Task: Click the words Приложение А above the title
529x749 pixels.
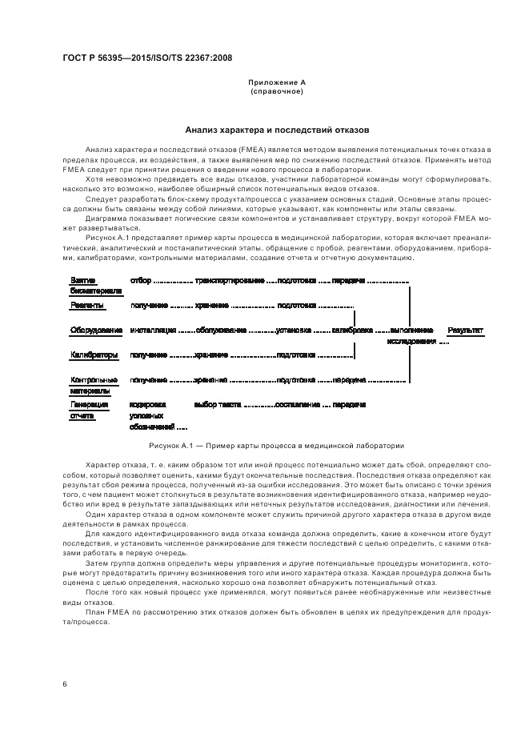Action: (276, 82)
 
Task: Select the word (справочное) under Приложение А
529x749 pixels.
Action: (276, 91)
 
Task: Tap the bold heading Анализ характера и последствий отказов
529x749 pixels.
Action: (276, 129)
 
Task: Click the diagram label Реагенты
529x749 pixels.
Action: (86, 305)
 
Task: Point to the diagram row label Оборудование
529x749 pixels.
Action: (96, 330)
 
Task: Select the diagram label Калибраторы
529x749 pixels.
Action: (94, 354)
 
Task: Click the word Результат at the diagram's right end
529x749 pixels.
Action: (466, 330)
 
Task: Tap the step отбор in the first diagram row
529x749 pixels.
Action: (139, 281)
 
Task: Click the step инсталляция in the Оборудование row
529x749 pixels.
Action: (152, 330)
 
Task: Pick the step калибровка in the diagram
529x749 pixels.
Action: (352, 330)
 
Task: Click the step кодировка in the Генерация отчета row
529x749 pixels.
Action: (147, 405)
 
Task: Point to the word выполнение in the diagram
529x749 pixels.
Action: (412, 330)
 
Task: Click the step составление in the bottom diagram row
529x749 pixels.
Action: (298, 405)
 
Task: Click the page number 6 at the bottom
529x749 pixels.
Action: (64, 683)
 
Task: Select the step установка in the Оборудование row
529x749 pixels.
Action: (293, 330)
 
